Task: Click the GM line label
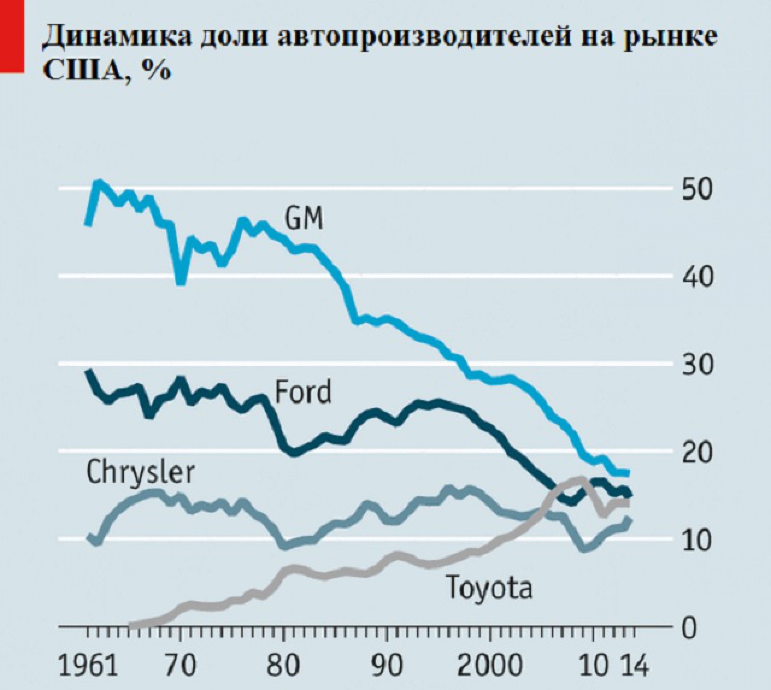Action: [x=304, y=219]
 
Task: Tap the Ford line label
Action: [x=302, y=391]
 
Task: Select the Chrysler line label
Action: [x=140, y=472]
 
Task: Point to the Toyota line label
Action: [x=489, y=586]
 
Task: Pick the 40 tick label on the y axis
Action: [x=694, y=277]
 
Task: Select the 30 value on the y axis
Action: [x=694, y=364]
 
